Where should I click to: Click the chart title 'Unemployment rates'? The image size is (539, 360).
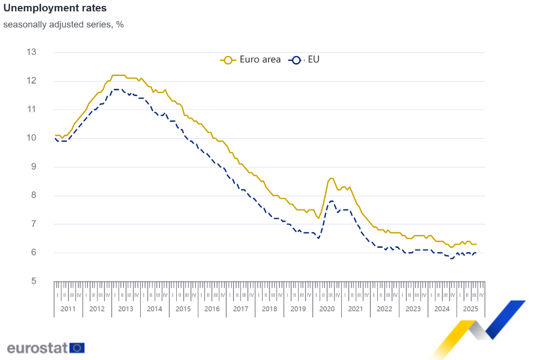(x=55, y=9)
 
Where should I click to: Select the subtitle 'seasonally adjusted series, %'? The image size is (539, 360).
(x=64, y=24)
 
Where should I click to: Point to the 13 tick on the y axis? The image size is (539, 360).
(x=31, y=52)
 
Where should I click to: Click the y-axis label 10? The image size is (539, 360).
(x=31, y=138)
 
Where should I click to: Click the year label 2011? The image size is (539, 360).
(x=68, y=309)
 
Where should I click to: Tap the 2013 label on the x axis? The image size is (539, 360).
(x=126, y=309)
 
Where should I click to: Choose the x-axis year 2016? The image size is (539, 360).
(x=212, y=309)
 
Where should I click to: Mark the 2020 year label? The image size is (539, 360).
(x=327, y=309)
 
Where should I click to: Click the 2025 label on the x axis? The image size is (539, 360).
(x=471, y=309)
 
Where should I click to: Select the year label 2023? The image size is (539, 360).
(x=413, y=309)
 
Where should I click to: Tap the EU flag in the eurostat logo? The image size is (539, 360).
(x=77, y=348)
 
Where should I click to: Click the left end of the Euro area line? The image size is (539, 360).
(x=55, y=135)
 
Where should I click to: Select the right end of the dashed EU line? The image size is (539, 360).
(x=476, y=253)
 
